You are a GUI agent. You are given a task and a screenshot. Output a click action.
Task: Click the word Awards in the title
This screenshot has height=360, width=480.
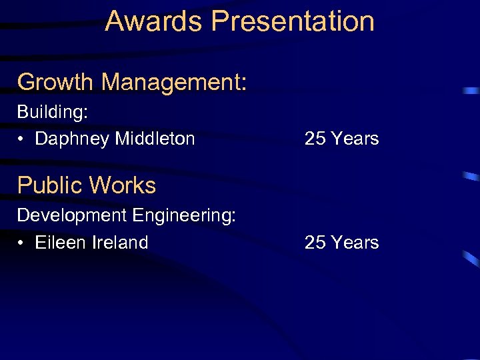click(154, 21)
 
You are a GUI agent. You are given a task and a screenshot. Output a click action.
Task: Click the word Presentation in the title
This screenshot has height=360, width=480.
click(293, 21)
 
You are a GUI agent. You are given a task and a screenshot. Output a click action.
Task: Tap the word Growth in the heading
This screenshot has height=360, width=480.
click(55, 83)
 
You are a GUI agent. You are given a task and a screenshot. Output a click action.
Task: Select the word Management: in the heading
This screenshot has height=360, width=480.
click(175, 83)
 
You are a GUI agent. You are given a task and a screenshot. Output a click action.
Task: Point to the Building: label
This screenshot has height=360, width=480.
click(53, 112)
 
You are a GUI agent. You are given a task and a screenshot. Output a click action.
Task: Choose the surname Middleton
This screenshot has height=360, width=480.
click(155, 139)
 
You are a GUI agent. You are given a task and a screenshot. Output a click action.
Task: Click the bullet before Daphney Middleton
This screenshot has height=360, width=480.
click(22, 139)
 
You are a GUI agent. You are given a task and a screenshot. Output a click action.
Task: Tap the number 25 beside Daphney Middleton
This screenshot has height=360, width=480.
click(315, 139)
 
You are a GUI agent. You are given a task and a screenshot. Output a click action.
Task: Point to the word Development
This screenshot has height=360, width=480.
click(72, 216)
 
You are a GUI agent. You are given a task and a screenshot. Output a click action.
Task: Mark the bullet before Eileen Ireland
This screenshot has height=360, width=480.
click(22, 243)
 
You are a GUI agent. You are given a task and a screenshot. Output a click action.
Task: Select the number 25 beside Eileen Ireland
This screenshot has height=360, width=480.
click(315, 242)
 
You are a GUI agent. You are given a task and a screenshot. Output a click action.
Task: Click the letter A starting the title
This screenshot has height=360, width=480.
click(114, 21)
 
